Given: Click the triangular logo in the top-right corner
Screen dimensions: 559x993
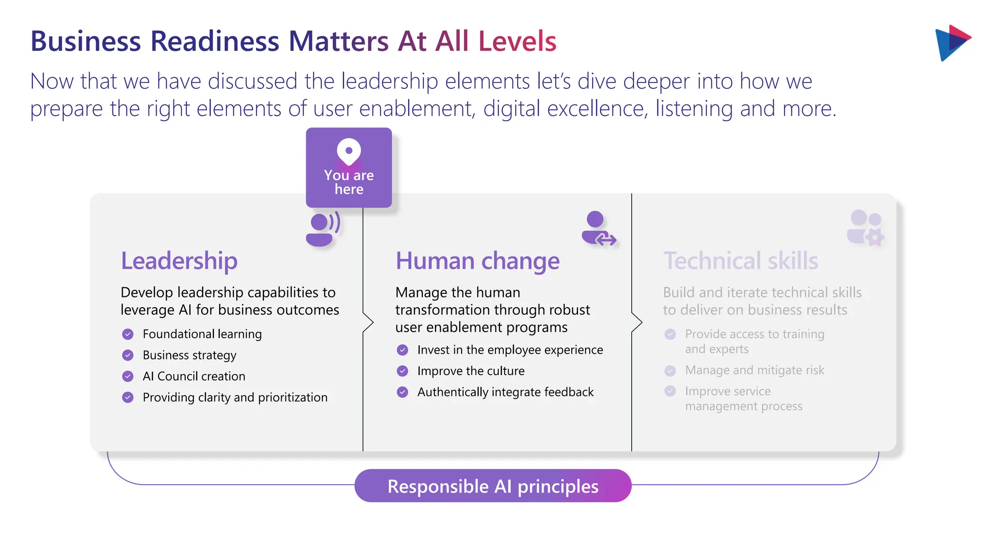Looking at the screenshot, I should pyautogui.click(x=951, y=43).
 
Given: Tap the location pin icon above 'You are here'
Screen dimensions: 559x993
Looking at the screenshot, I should pyautogui.click(x=349, y=151).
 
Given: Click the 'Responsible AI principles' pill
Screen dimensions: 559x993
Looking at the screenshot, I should pyautogui.click(x=493, y=486).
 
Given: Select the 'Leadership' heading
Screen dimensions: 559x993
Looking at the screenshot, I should pyautogui.click(x=179, y=261).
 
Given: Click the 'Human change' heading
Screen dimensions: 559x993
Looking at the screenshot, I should pyautogui.click(x=477, y=261).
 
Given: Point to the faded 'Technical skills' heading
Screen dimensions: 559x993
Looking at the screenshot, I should pyautogui.click(x=740, y=261).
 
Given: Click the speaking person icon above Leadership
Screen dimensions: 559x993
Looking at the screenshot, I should pyautogui.click(x=322, y=229).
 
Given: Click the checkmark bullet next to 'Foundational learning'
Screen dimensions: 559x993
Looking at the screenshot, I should pyautogui.click(x=128, y=334).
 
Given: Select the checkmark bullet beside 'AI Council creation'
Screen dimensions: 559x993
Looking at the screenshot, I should pyautogui.click(x=128, y=376).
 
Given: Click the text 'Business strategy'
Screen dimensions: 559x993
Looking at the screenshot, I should pyautogui.click(x=189, y=355).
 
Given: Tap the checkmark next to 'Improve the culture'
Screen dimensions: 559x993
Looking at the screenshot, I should pyautogui.click(x=402, y=371).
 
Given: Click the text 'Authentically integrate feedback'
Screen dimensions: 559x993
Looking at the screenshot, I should pyautogui.click(x=505, y=392).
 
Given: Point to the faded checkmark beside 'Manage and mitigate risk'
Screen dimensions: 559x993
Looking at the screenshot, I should pyautogui.click(x=670, y=371).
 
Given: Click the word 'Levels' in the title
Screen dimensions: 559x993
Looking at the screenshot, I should pyautogui.click(x=517, y=41).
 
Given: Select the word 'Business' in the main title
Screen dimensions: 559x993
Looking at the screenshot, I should pyautogui.click(x=86, y=41).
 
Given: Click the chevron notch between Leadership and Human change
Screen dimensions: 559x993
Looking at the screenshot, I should pyautogui.click(x=368, y=322).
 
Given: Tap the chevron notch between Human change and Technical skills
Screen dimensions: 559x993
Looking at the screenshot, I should pyautogui.click(x=637, y=322).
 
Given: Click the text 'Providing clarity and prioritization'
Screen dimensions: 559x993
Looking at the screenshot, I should pyautogui.click(x=235, y=397).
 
